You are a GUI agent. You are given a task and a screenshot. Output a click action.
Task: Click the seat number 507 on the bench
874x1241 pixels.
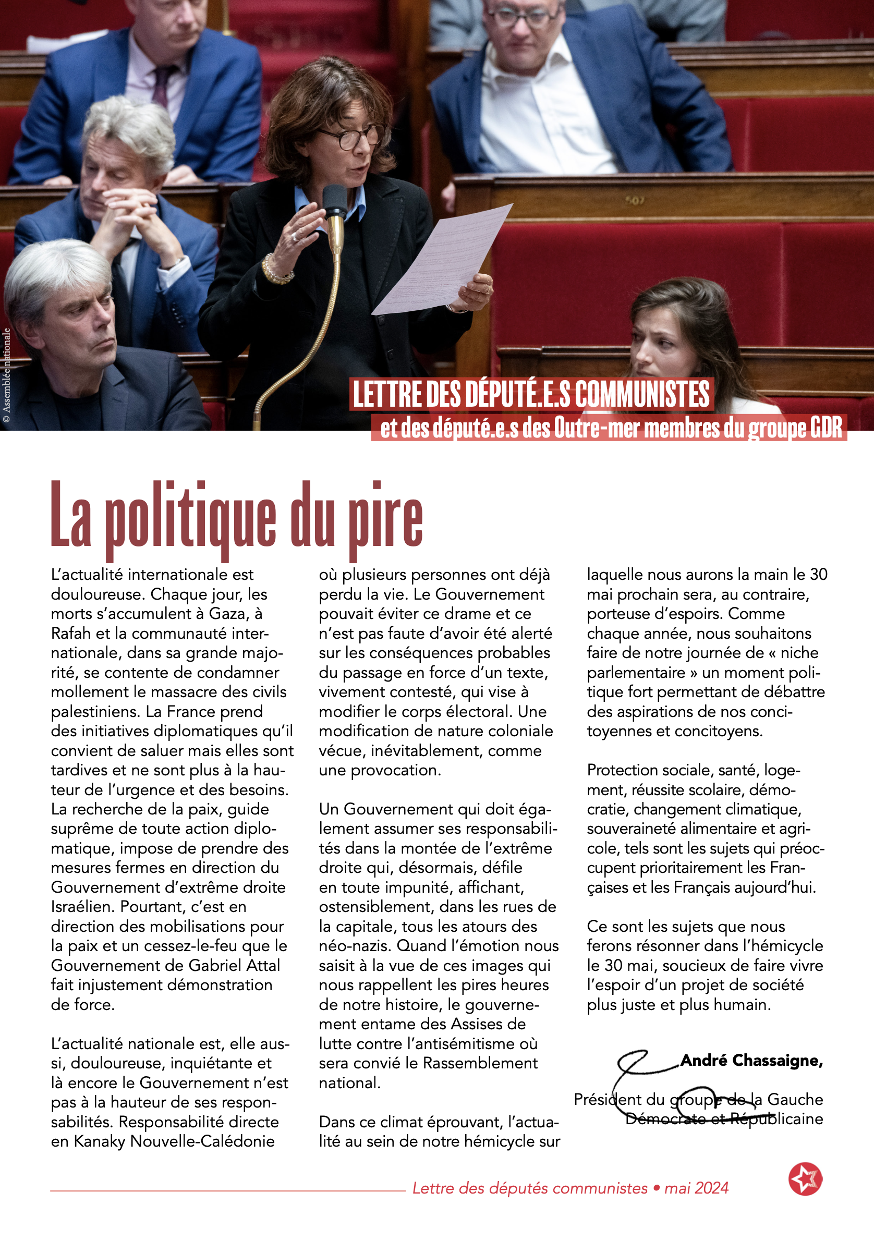point(634,201)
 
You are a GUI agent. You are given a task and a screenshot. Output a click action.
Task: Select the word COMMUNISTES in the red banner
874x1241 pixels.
point(642,394)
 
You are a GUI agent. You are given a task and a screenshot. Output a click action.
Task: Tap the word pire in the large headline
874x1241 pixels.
point(385,519)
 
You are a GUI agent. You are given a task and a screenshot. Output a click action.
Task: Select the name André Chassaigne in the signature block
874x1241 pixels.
point(751,1061)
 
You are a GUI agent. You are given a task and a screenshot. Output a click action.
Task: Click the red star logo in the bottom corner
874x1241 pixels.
point(805,1178)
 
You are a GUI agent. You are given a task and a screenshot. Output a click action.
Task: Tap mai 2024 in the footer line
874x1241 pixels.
point(696,1187)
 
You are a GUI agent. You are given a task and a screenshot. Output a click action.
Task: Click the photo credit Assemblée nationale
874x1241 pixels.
point(6,375)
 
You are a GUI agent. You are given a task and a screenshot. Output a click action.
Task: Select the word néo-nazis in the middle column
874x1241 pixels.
point(355,946)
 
